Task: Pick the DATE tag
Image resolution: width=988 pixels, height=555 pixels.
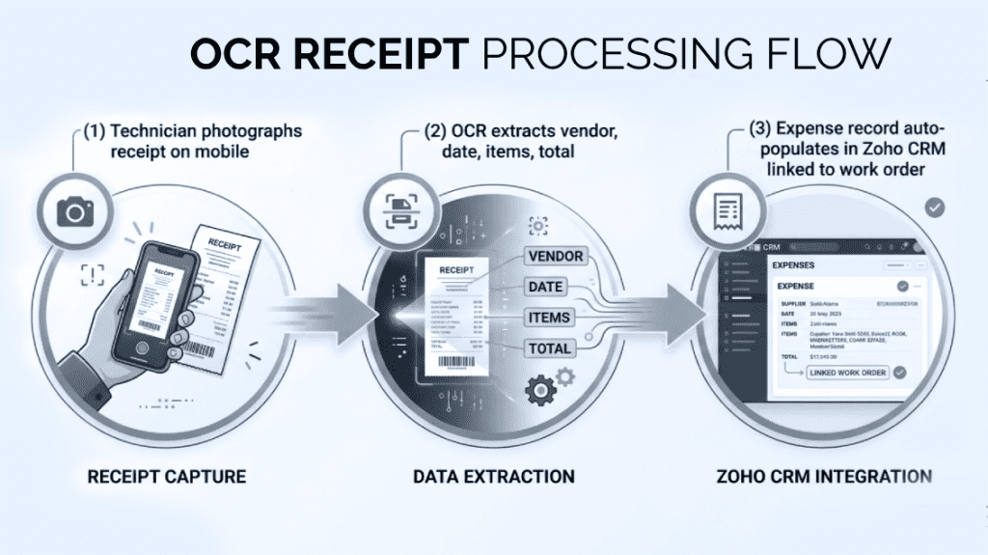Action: (545, 286)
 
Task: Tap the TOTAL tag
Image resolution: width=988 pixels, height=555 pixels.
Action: (551, 348)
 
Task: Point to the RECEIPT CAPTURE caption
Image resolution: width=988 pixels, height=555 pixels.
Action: (167, 477)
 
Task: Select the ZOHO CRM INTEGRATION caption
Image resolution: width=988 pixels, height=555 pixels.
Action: (824, 477)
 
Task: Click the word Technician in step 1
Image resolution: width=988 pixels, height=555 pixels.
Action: (163, 131)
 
